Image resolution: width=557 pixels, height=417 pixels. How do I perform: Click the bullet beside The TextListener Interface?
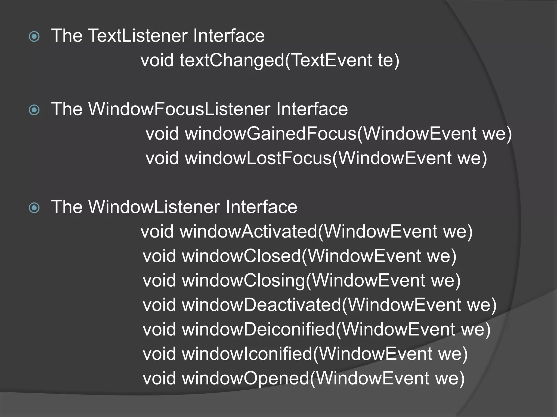[x=34, y=37]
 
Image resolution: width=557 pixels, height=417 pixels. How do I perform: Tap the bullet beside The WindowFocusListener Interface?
[x=34, y=110]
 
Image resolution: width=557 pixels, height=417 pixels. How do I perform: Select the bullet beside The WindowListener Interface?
[x=34, y=208]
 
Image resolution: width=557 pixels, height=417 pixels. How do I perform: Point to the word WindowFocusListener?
[x=179, y=109]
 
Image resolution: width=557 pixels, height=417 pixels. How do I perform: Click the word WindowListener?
[x=154, y=207]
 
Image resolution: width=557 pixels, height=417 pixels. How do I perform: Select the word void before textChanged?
[x=157, y=60]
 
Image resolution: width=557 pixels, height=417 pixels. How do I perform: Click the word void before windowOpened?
[x=159, y=378]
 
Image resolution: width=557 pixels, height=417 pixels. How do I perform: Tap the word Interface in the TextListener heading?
[x=229, y=36]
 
